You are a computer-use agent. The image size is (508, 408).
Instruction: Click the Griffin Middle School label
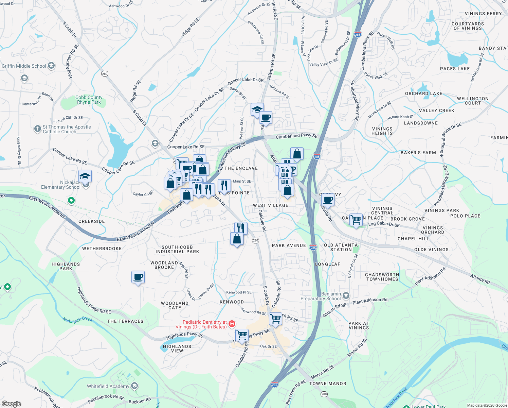24,66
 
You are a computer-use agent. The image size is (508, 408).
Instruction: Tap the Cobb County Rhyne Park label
89,100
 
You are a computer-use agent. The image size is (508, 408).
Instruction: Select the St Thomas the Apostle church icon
38,129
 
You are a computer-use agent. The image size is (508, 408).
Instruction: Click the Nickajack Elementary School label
61,185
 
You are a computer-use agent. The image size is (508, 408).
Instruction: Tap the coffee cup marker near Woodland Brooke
138,277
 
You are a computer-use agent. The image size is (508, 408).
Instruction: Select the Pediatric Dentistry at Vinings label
201,324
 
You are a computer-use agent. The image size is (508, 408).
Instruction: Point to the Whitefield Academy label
108,386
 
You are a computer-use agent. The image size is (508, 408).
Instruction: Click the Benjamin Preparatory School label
321,296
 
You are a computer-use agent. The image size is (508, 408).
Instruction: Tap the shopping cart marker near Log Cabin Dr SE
356,220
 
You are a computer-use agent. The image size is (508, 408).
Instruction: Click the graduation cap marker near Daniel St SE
257,110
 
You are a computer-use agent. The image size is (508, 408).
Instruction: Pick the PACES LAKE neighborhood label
455,69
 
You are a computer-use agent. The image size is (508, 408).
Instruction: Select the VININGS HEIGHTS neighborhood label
382,131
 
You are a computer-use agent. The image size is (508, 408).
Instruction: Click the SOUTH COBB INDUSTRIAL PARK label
177,249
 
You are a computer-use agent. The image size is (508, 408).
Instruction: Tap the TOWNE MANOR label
327,384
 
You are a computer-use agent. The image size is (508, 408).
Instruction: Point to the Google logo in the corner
11,404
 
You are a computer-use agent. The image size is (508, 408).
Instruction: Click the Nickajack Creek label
77,320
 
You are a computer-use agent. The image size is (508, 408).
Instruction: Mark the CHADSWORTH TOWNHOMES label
382,277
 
